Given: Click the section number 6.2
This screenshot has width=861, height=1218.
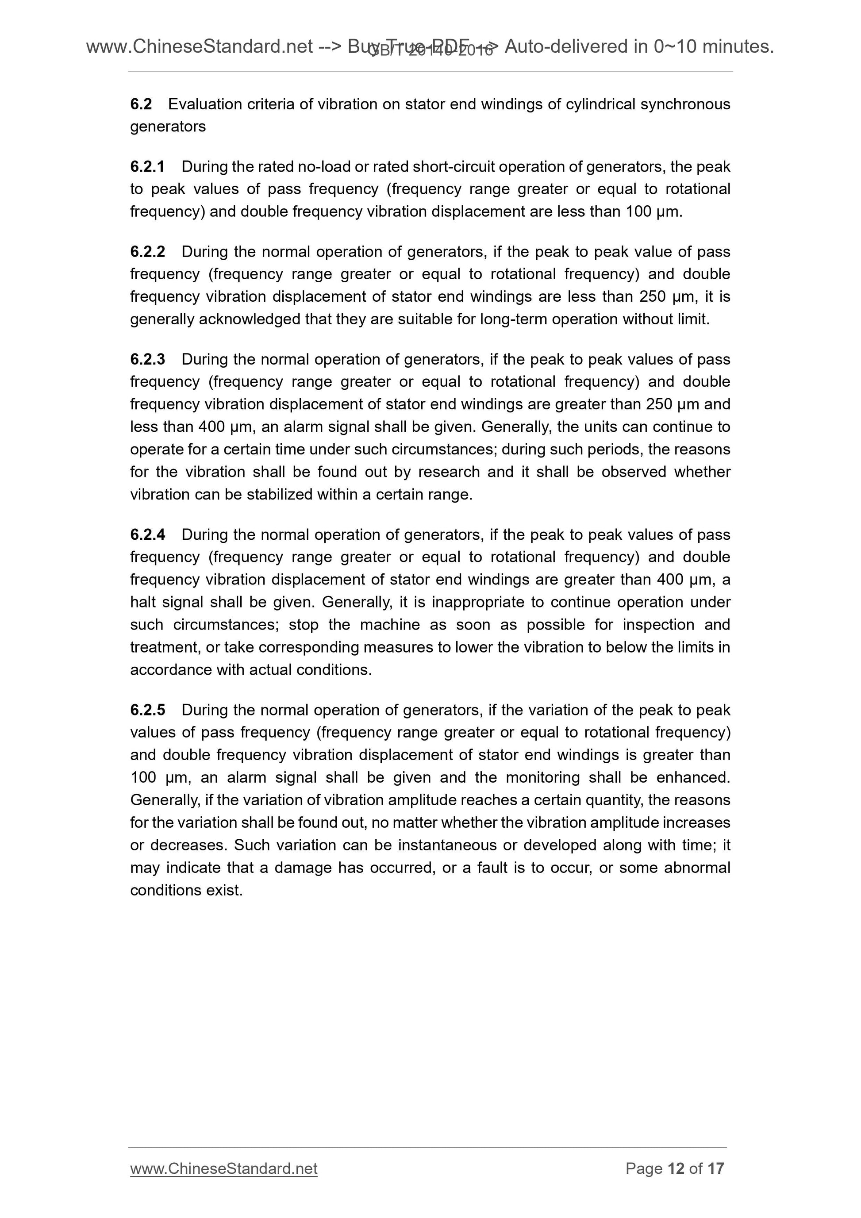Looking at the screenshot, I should click(141, 104).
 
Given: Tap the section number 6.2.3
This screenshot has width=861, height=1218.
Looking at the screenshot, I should click(147, 359).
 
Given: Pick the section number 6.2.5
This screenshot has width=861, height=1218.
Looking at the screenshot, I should click(147, 710).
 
